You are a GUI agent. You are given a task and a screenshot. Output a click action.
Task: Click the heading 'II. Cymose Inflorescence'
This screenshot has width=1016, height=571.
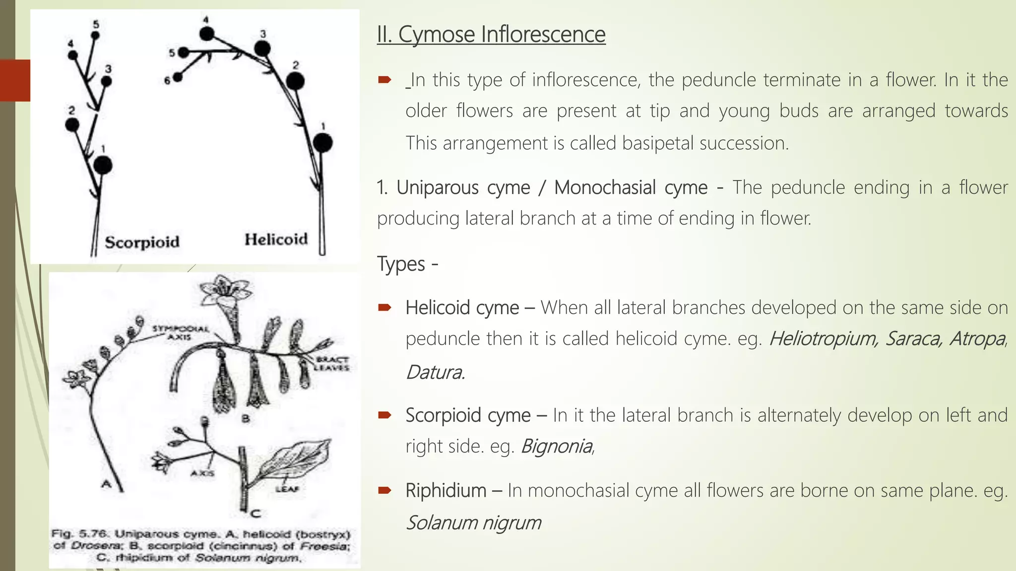[x=491, y=35]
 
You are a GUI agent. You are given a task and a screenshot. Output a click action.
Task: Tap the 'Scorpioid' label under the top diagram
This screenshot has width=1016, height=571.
[x=142, y=242]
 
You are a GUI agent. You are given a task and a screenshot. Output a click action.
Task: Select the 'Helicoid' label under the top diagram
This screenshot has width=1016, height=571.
[x=276, y=239]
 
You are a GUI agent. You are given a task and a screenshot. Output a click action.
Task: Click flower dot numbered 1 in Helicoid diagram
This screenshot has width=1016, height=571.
[x=323, y=143]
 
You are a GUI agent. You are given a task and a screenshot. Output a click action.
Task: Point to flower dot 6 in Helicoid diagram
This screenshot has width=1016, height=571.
[x=178, y=77]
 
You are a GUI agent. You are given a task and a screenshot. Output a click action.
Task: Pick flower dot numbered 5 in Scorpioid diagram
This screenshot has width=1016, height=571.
[x=95, y=35]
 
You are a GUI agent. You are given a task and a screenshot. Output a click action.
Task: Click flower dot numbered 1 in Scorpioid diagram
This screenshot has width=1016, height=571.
[x=103, y=165]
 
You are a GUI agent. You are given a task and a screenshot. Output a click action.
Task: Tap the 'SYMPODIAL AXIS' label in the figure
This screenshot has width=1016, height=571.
[x=180, y=333]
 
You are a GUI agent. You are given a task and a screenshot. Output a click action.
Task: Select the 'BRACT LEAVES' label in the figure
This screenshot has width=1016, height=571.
[x=332, y=363]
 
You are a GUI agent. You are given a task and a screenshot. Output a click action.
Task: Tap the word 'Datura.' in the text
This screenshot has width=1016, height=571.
[x=435, y=372]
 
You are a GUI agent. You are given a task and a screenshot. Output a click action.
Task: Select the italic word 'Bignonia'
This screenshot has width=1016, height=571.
[x=557, y=446]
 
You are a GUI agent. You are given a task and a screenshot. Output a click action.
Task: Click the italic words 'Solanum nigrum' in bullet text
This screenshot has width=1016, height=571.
[x=473, y=522]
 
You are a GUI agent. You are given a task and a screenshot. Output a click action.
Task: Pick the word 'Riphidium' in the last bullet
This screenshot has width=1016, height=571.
[x=445, y=491]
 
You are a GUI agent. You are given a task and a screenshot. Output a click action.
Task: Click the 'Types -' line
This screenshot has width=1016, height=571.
[x=407, y=264]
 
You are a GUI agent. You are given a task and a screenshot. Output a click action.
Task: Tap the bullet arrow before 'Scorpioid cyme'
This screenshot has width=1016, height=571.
[x=385, y=415]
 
